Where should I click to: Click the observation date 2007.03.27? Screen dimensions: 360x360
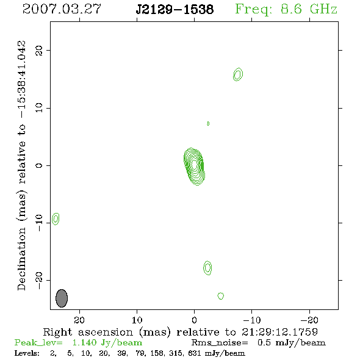(62, 9)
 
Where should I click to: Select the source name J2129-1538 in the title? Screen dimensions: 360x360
(175, 9)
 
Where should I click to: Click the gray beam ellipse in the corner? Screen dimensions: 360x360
(62, 298)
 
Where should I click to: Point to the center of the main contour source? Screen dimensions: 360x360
(194, 164)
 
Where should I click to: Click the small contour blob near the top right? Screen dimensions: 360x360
(238, 74)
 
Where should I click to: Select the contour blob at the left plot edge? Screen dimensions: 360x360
(56, 219)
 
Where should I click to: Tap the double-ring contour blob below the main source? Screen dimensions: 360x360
(207, 268)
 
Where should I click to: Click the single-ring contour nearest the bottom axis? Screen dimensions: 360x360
(221, 296)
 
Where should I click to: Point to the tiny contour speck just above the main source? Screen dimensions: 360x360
(208, 123)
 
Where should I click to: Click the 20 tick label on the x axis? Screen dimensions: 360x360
(79, 320)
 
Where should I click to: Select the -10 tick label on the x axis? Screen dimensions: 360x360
(252, 320)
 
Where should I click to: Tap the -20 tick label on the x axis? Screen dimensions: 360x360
(309, 320)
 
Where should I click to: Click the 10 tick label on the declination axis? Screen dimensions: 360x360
(39, 108)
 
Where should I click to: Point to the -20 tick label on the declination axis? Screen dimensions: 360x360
(39, 281)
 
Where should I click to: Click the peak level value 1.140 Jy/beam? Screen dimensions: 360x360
(107, 343)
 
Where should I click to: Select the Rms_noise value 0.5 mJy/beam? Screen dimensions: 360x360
(292, 343)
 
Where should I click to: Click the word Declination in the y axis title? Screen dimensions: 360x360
(21, 259)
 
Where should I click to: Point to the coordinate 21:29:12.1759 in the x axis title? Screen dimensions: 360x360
(279, 332)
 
